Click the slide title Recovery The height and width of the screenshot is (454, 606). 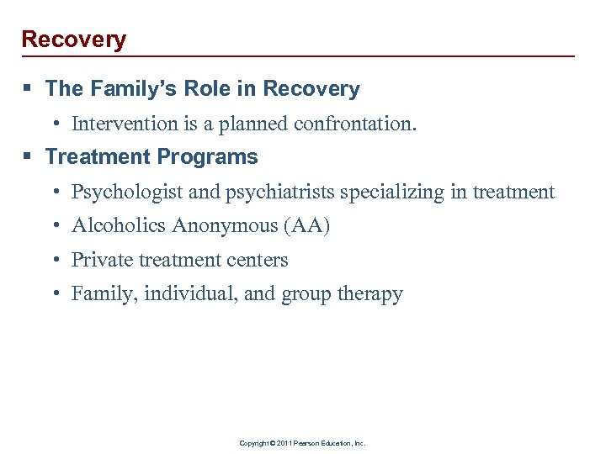click(x=73, y=40)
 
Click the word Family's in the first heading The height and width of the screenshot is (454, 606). click(x=126, y=89)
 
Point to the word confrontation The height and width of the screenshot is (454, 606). click(x=354, y=124)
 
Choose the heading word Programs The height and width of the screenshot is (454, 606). click(x=212, y=157)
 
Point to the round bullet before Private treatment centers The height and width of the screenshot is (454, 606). click(x=55, y=261)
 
